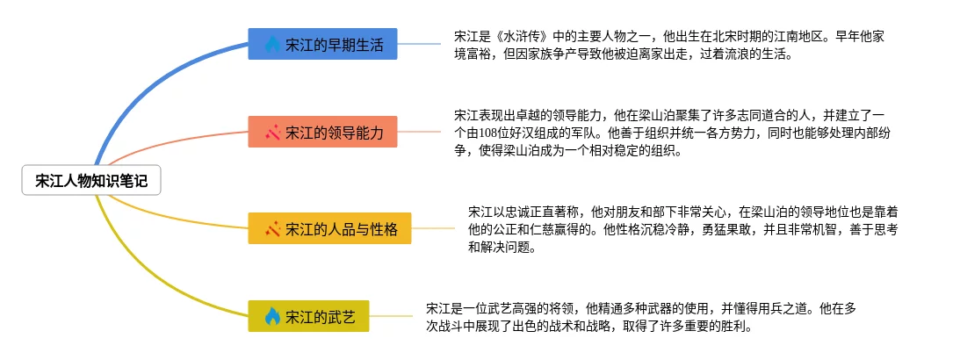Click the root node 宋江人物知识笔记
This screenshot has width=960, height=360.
tap(91, 181)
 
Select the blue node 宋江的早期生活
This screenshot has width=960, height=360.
tap(322, 45)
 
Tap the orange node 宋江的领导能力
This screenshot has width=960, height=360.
tap(322, 132)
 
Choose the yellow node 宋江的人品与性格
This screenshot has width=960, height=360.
tap(329, 228)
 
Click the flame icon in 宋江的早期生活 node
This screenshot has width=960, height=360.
tap(272, 45)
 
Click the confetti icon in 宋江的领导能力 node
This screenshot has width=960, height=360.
tap(272, 132)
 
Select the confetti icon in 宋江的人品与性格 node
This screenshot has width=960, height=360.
tap(272, 228)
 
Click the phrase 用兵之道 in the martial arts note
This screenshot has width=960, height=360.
tap(771, 308)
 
